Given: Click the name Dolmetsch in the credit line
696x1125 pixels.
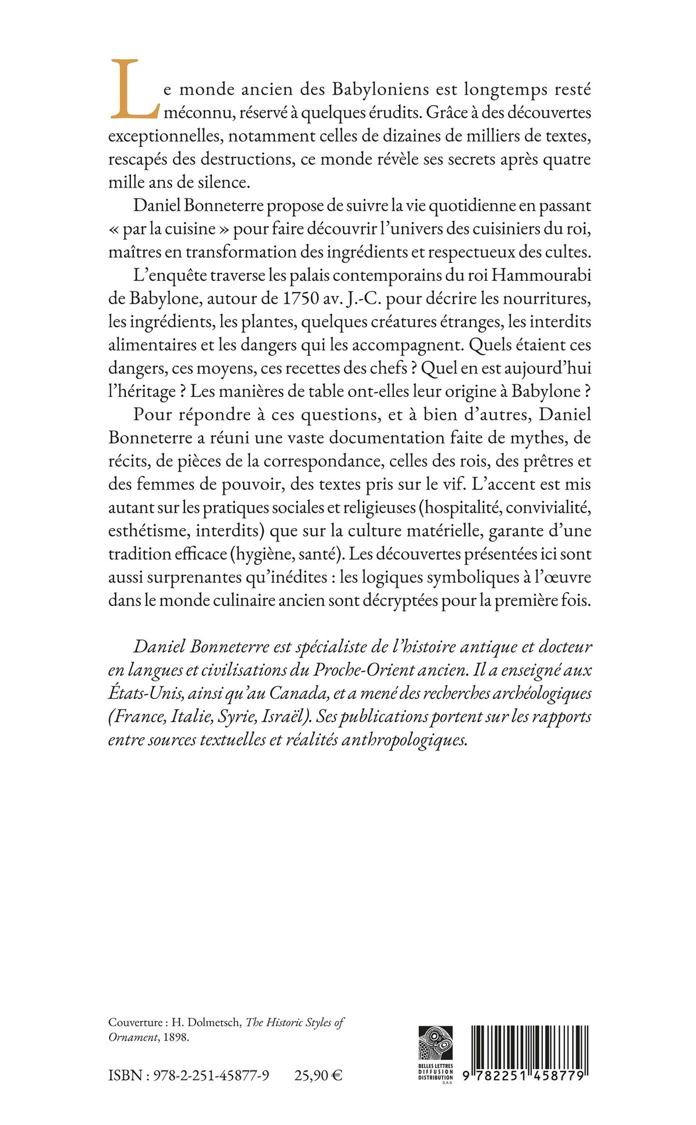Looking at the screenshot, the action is coord(215,1022).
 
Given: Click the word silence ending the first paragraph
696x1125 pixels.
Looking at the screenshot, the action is coord(222,182).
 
